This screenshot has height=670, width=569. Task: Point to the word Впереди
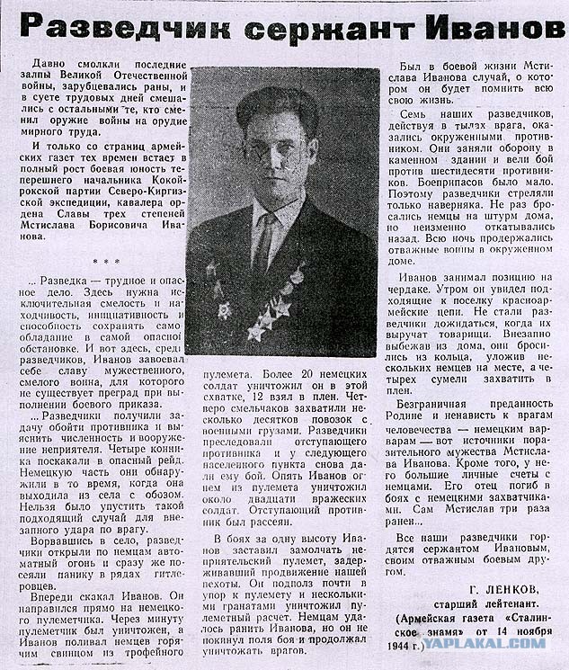tap(58, 595)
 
